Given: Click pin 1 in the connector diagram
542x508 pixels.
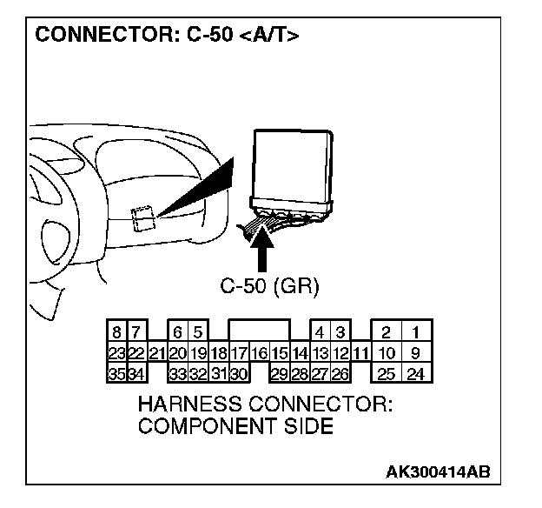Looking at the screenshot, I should pyautogui.click(x=417, y=332).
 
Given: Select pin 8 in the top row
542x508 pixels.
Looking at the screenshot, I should pyautogui.click(x=116, y=332).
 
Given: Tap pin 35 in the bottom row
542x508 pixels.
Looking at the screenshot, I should pyautogui.click(x=116, y=375).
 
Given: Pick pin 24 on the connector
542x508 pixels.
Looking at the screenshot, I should pyautogui.click(x=417, y=375).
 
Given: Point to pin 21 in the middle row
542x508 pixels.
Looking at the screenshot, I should pyautogui.click(x=157, y=353).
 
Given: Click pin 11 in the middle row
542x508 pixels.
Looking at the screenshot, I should pyautogui.click(x=361, y=353).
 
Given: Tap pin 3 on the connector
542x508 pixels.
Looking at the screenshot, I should pyautogui.click(x=340, y=332).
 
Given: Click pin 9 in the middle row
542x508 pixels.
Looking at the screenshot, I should pyautogui.click(x=417, y=353).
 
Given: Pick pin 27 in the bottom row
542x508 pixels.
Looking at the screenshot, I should pyautogui.click(x=320, y=375).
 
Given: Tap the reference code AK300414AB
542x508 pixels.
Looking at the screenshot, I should pyautogui.click(x=439, y=472).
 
